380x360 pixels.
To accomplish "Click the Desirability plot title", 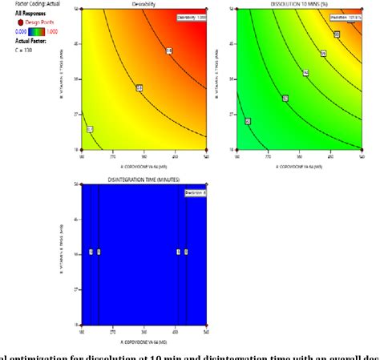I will pos(145,4).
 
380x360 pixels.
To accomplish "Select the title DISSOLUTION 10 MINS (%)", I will pos(302,4).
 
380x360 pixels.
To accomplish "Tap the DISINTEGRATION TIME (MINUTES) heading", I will pos(144,178).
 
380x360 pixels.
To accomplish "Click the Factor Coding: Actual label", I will pos(26,4).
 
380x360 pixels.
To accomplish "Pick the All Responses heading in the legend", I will pos(22,14).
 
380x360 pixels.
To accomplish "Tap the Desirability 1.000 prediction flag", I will pos(190,17).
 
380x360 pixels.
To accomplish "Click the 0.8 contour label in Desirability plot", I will pos(169,51).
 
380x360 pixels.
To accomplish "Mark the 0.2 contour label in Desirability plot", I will pos(90,129).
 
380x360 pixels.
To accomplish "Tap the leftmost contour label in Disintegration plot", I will pos(91,252).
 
